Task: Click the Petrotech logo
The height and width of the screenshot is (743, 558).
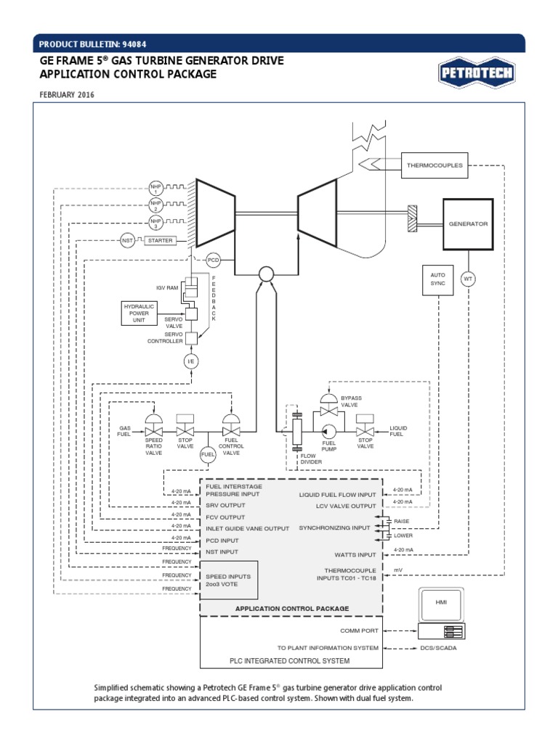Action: pos(475,72)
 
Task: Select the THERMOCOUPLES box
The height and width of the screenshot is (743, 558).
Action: pos(434,165)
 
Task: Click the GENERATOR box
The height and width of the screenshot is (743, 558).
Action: pos(468,223)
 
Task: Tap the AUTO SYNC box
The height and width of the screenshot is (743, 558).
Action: pos(438,280)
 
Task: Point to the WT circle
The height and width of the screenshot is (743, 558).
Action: pos(469,279)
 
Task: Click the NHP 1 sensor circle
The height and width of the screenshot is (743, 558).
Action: pos(155,187)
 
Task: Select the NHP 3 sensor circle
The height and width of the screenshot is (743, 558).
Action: pos(155,222)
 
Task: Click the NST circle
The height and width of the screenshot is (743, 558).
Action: pos(128,240)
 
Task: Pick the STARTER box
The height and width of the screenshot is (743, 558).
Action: pos(161,240)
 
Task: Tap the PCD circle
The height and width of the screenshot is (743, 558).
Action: pos(214,260)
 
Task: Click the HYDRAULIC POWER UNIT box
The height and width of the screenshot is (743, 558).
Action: pos(139,313)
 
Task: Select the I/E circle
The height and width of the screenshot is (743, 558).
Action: pos(191,361)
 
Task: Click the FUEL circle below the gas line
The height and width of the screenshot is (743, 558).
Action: pos(209,454)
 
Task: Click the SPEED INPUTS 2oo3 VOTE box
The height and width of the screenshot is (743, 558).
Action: pos(229,580)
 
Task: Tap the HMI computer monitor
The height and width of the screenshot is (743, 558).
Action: pos(441,604)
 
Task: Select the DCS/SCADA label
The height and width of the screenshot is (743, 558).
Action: pos(439,648)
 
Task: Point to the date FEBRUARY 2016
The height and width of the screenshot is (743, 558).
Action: pos(67,94)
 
